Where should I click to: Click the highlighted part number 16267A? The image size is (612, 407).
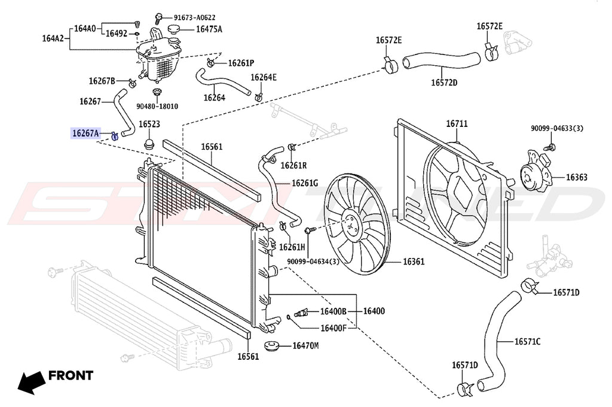coord(85,133)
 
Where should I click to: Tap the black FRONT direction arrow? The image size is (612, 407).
coord(30,381)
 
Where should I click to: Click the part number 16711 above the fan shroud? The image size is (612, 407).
coord(457,124)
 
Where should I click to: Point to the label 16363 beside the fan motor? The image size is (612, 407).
coord(576,177)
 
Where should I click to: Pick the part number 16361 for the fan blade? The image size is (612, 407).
coord(413,262)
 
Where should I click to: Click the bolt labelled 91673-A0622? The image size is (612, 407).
coord(160,18)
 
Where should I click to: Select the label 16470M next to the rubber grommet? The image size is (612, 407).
coord(305,345)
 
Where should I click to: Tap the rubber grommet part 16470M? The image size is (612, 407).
coord(272,346)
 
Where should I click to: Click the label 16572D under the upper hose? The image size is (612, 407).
coord(444,83)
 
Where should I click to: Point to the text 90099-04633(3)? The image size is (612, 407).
coord(557,128)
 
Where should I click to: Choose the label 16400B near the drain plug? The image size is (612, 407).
coord(333,311)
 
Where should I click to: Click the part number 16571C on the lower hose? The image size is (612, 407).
coord(527,342)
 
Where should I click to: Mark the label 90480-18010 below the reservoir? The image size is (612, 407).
coord(157,107)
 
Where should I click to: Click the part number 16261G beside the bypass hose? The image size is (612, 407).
coord(305,183)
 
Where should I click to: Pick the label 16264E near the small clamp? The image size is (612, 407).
coord(263,77)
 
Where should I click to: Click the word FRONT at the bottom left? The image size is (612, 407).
coord(71,376)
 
